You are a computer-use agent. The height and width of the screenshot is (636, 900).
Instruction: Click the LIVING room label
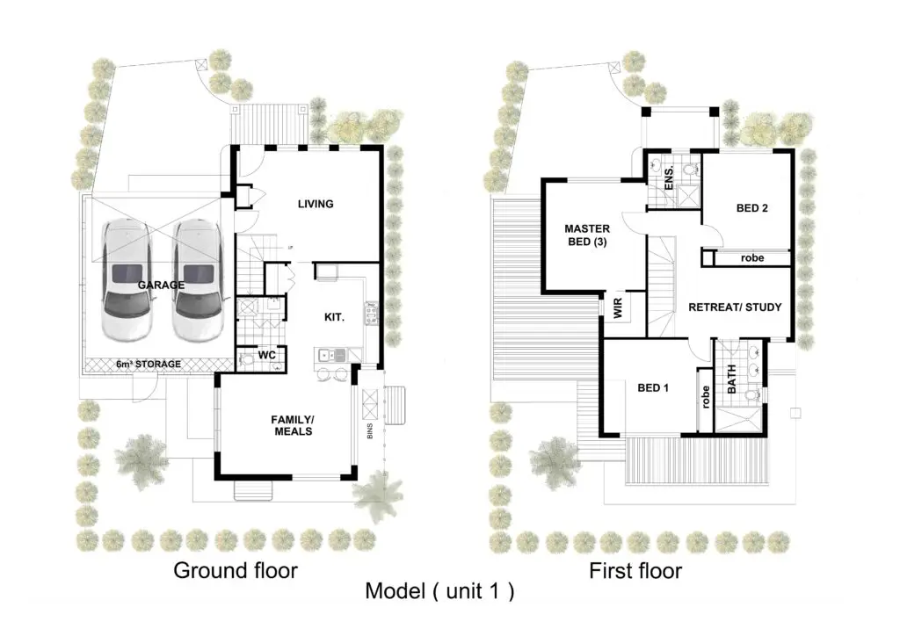(316, 204)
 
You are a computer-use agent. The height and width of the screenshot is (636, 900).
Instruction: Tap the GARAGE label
(161, 285)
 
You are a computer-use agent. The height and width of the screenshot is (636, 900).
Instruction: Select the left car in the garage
(127, 280)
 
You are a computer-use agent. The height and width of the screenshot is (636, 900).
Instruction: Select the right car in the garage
(198, 280)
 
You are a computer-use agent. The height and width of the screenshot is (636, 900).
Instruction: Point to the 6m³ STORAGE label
(148, 365)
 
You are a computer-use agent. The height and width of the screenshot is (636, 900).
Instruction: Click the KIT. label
(334, 317)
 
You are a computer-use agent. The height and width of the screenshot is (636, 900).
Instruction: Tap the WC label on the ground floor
(266, 355)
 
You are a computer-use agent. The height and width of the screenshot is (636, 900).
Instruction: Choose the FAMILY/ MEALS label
(293, 425)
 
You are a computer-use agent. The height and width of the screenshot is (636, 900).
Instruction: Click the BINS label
(370, 431)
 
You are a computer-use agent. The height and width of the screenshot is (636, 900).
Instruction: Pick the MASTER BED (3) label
(587, 235)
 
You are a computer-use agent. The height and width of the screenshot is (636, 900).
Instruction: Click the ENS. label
(669, 178)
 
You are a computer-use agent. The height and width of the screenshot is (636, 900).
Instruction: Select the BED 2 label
(752, 208)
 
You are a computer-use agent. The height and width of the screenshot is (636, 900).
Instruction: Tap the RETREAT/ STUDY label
(735, 307)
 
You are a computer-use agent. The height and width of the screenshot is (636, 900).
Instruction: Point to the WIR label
(618, 309)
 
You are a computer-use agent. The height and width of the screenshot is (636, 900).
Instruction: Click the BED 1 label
(653, 388)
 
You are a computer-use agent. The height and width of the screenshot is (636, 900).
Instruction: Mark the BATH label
(732, 379)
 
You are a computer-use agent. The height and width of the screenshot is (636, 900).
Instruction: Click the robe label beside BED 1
(706, 397)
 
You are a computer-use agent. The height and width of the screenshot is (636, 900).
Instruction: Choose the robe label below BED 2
(752, 258)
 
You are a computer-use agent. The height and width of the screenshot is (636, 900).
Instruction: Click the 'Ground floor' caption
(236, 571)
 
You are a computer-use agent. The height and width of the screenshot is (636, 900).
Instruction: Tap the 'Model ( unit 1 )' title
(439, 591)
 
